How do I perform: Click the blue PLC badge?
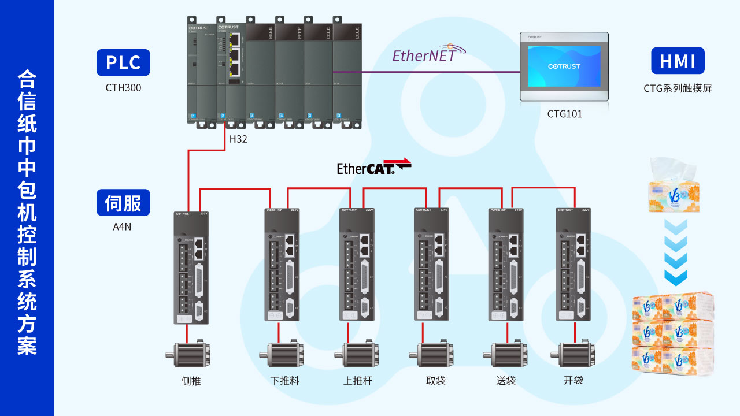[x=123, y=62]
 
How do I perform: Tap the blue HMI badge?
[x=678, y=61]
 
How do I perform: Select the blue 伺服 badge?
[x=123, y=202]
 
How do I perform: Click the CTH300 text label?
[x=123, y=88]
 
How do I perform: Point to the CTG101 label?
[x=565, y=114]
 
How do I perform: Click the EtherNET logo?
[x=428, y=55]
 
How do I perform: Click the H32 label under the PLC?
[x=238, y=139]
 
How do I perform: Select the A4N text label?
[x=122, y=227]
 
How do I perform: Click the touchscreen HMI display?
[x=564, y=66]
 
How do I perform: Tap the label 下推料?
[x=284, y=381]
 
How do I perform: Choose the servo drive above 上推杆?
[x=356, y=264]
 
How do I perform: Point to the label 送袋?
[x=506, y=381]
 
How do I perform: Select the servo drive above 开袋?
[x=573, y=264]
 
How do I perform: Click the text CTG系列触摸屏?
[x=678, y=88]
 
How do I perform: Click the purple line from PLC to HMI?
[x=439, y=72]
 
